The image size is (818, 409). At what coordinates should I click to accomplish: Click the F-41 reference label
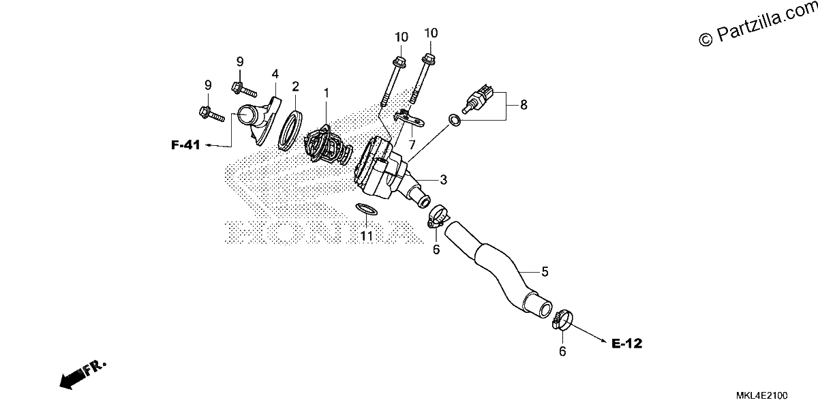(185, 145)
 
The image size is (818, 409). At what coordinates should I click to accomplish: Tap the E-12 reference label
(626, 344)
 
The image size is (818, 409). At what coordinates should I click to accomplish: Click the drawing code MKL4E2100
(762, 395)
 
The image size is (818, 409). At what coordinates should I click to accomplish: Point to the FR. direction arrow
(82, 375)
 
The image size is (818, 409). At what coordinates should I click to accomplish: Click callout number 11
(366, 236)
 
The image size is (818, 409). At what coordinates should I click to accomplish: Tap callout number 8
(524, 105)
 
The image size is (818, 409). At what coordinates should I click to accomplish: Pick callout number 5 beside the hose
(545, 272)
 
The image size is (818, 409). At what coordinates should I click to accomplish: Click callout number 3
(443, 180)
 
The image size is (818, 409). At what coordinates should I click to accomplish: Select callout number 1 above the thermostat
(327, 93)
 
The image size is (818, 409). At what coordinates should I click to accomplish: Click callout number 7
(412, 145)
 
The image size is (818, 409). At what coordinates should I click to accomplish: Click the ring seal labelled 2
(290, 131)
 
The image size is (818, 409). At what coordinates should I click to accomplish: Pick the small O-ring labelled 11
(366, 209)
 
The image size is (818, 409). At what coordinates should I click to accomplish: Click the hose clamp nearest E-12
(562, 320)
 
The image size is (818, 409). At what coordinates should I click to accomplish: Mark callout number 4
(275, 74)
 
